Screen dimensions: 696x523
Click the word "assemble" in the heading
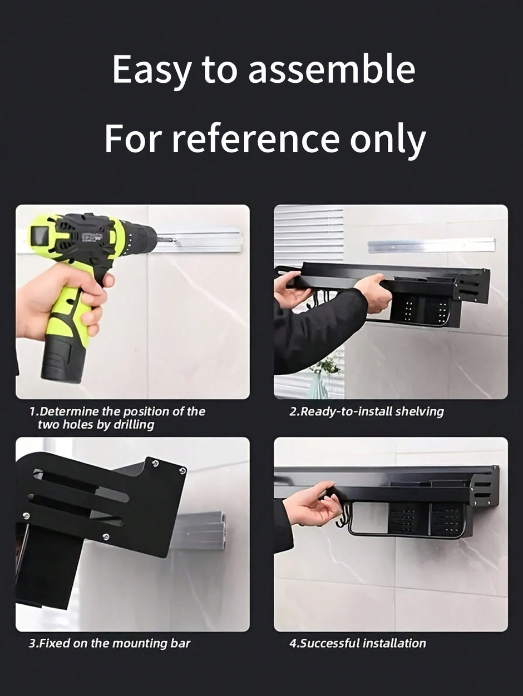[331, 69]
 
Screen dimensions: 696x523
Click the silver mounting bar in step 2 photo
[431, 245]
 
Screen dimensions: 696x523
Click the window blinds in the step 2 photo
[309, 233]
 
